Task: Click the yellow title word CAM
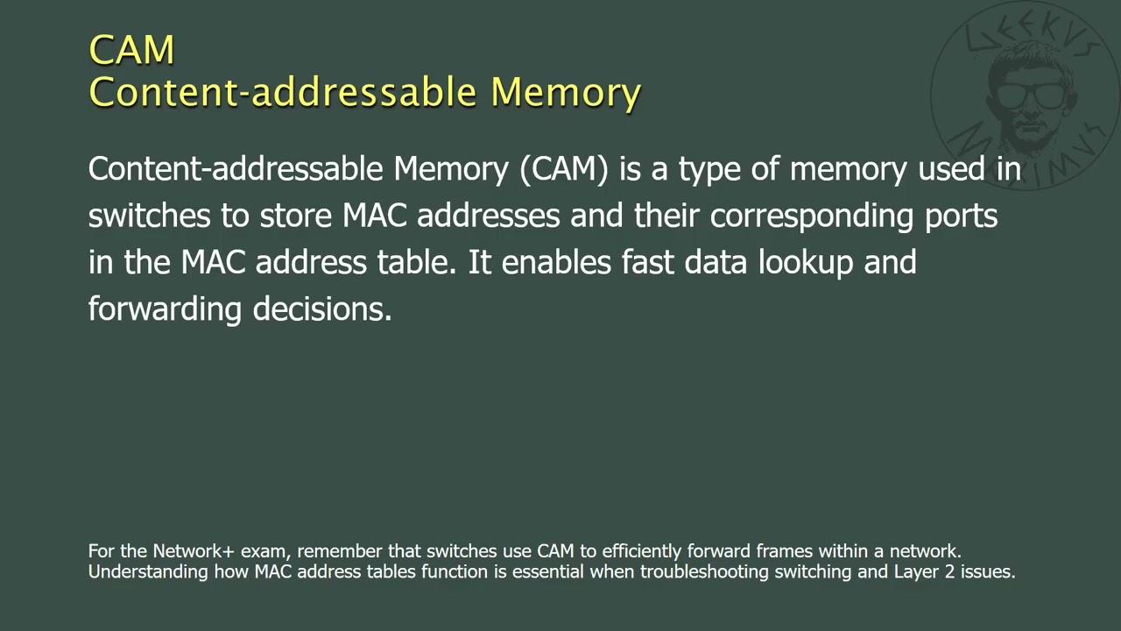[131, 50]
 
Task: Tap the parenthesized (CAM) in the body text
[564, 168]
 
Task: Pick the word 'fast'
[648, 262]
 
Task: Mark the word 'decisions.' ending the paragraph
[321, 308]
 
